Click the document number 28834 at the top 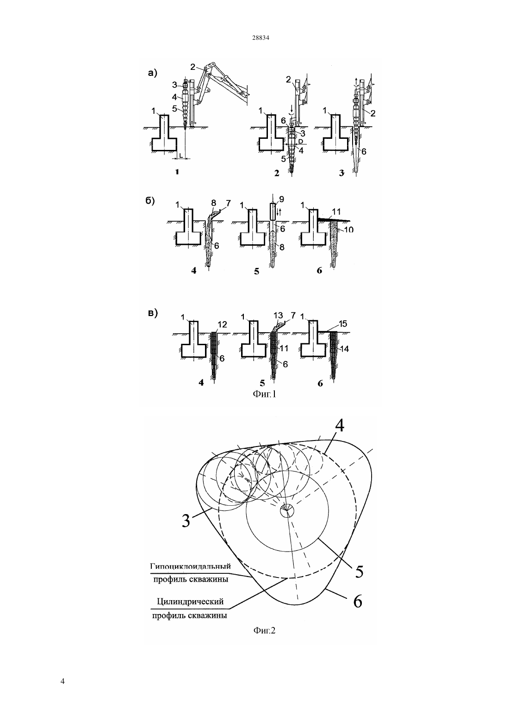[x=261, y=37]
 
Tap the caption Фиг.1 [x=265, y=394]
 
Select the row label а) [x=152, y=73]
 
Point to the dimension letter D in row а [x=300, y=142]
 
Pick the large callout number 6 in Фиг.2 [x=358, y=601]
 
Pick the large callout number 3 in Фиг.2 [x=186, y=521]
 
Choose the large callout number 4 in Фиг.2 [x=340, y=426]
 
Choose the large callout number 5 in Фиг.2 [x=359, y=571]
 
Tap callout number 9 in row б [x=282, y=199]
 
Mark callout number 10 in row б [x=348, y=229]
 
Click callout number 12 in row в [x=222, y=325]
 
